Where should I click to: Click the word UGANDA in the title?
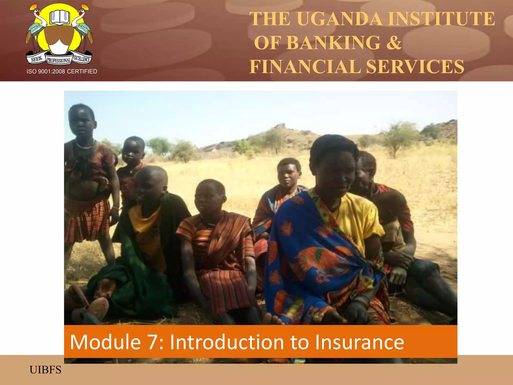point(339,19)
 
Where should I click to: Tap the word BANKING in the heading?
point(333,43)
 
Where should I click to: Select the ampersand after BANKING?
point(394,43)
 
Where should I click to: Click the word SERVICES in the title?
point(415,67)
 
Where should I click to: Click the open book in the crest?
point(59,17)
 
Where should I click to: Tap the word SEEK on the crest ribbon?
point(37,59)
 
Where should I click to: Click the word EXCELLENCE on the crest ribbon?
point(81,59)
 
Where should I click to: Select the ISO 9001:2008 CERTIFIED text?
point(62,71)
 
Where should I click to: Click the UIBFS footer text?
point(45,370)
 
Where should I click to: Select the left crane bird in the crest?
point(36,28)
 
